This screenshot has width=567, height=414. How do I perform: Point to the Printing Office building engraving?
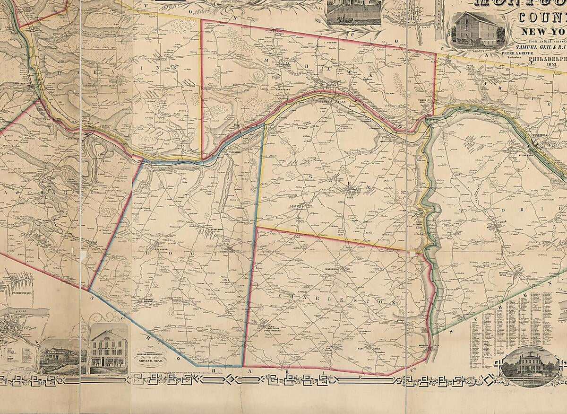109,349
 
